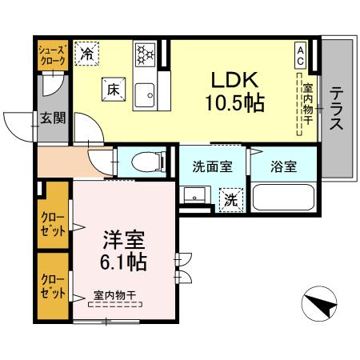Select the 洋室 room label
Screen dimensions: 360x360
click(x=118, y=238)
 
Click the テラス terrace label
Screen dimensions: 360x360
click(x=337, y=108)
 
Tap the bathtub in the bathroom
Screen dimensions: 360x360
click(x=284, y=197)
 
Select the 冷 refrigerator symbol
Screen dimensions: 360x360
click(x=87, y=54)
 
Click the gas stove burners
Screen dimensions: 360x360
click(x=145, y=55)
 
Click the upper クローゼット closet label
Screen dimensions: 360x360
click(x=53, y=222)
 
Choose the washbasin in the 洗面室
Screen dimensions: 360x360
click(x=194, y=197)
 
